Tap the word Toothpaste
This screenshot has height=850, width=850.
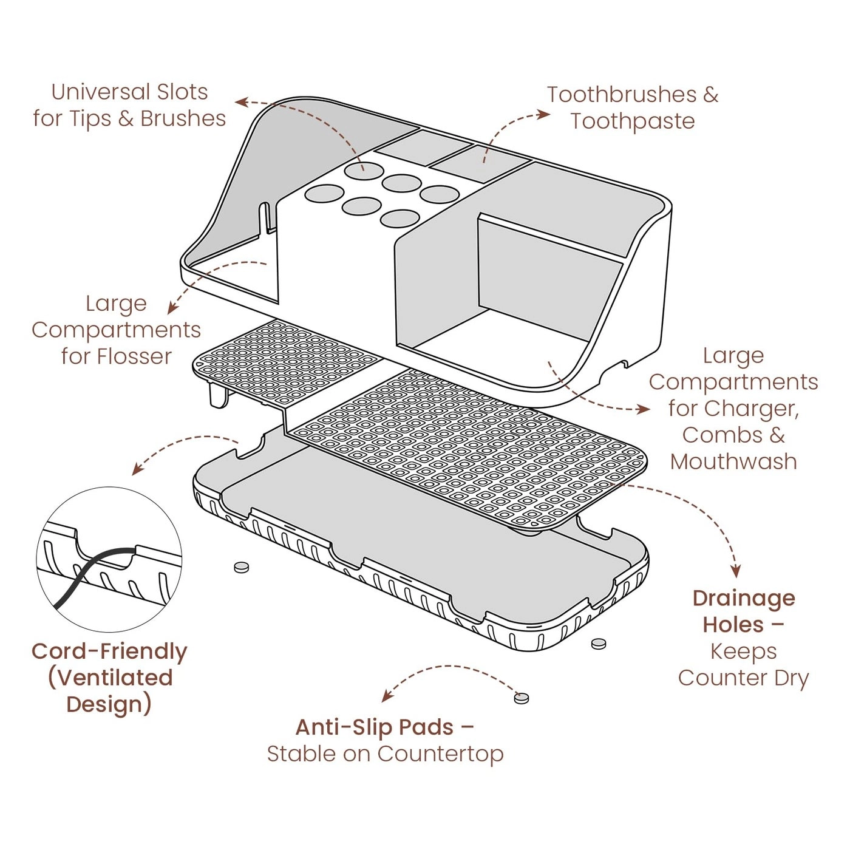tap(633, 121)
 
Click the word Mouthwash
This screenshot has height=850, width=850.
tap(733, 461)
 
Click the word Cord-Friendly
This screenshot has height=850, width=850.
tap(110, 651)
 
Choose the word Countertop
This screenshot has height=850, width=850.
tap(440, 754)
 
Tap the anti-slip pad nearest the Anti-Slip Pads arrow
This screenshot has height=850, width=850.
tap(522, 698)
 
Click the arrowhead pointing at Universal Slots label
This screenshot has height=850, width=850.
tap(241, 102)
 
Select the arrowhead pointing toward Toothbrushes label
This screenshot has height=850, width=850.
tap(545, 114)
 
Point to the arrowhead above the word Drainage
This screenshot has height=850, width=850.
tap(736, 572)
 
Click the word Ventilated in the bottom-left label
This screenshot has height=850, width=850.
tap(110, 678)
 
